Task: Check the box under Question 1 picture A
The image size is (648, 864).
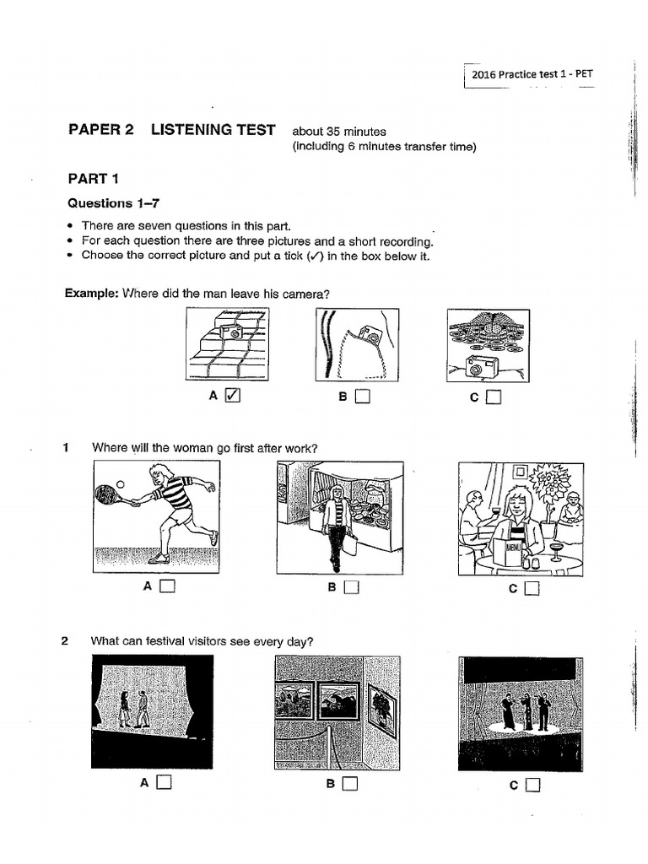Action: tap(168, 586)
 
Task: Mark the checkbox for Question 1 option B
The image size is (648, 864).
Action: tap(352, 587)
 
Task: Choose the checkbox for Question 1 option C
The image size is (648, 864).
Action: tap(531, 589)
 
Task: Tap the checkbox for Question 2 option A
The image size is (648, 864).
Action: tap(164, 782)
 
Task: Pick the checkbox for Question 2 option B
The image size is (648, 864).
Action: tap(350, 784)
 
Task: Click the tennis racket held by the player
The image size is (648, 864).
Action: tap(109, 494)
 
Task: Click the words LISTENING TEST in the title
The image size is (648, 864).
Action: tap(213, 130)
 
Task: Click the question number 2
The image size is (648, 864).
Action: tap(64, 641)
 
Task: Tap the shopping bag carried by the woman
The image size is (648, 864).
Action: tap(348, 543)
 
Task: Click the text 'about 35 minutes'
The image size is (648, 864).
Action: tap(338, 132)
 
